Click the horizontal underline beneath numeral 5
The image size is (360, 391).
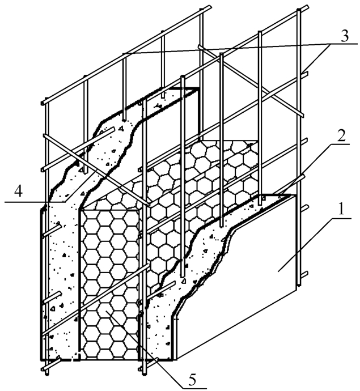193,388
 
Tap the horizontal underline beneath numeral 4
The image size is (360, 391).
35,202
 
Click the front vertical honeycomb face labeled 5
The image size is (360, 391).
110,284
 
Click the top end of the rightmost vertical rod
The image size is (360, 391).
299,10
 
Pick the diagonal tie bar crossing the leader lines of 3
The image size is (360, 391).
251,81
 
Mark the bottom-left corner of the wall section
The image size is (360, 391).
41,360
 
